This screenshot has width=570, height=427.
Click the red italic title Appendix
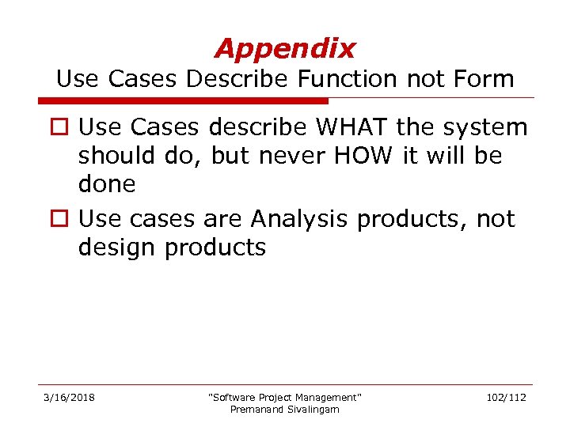tap(284, 49)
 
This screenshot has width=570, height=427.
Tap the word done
tap(107, 185)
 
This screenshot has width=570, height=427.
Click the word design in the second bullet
tap(117, 248)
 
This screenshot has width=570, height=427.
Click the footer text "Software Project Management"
tap(284, 397)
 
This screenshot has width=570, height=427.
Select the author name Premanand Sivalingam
tap(284, 409)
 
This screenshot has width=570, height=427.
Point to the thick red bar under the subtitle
tap(183, 101)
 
